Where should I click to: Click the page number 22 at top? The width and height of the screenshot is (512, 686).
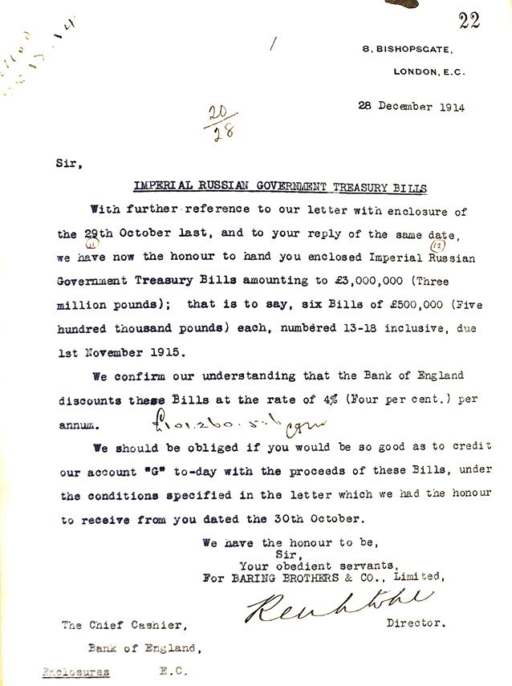(469, 21)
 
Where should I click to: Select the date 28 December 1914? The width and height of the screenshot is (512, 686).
(411, 107)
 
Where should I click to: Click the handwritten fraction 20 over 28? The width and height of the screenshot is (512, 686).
(216, 123)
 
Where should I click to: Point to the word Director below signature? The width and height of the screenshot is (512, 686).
(417, 623)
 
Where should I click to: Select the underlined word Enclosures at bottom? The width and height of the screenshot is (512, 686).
(76, 672)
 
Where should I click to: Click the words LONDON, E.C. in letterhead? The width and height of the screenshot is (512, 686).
(429, 71)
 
